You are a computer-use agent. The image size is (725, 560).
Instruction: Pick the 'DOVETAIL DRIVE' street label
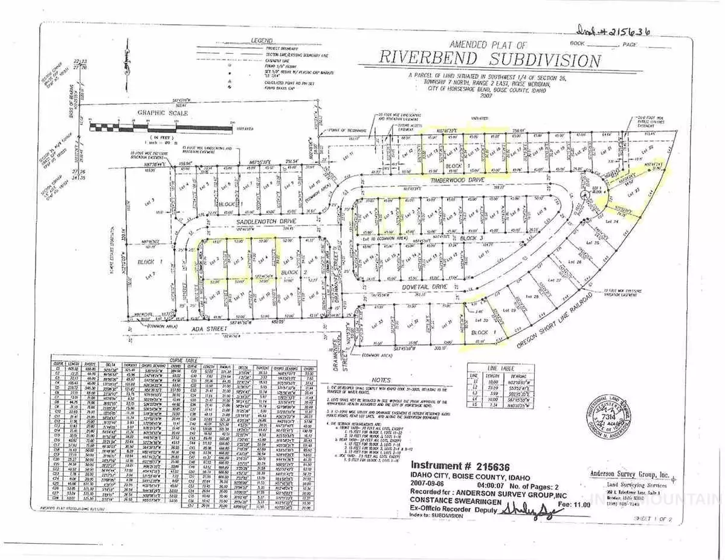coord(416,289)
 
